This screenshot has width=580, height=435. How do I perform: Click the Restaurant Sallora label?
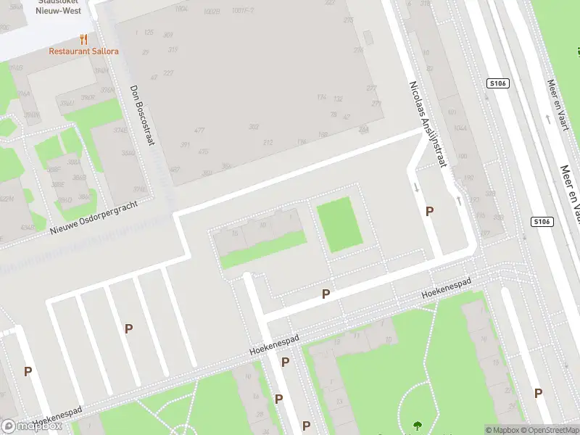84,51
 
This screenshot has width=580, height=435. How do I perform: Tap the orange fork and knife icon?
84,39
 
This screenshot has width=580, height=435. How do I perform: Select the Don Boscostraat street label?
144,115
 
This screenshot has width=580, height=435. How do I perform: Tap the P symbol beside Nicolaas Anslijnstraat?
430,211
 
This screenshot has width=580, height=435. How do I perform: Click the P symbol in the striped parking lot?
128,328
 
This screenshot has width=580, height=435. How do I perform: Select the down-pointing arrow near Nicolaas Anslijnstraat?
417,188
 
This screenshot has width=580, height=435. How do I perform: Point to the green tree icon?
418,426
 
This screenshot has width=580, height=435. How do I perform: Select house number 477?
199,130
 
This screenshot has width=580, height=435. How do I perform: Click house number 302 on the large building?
254,126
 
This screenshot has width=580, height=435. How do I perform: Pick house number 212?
268,142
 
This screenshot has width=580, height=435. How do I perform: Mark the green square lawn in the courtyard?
338,225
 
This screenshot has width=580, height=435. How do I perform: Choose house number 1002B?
212,12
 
